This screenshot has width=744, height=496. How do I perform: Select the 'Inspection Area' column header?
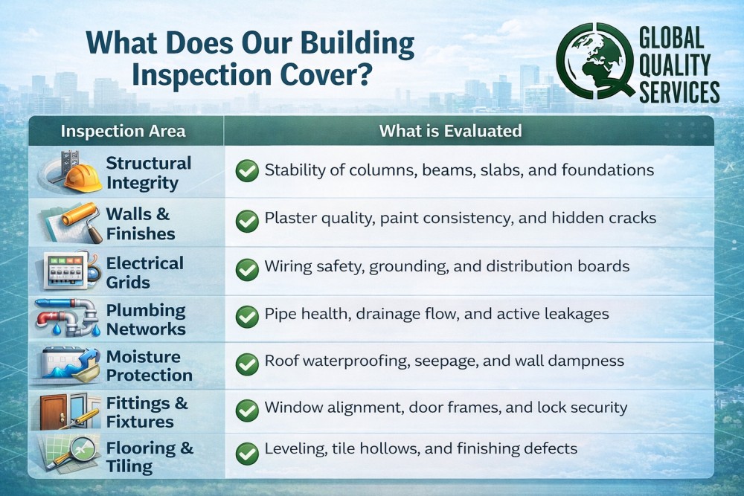124,132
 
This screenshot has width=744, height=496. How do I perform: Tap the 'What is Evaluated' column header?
450,132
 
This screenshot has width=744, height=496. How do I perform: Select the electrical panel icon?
65,271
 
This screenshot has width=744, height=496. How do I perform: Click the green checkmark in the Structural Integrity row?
246,171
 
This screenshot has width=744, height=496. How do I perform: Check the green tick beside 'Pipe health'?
246,316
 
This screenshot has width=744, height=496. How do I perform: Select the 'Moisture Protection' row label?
149,366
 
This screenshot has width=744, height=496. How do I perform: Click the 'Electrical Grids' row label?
144,273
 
